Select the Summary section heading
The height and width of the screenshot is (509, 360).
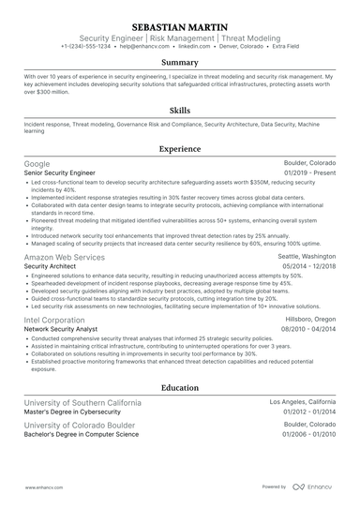(x=180, y=62)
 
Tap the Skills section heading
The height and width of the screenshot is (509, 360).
(x=180, y=110)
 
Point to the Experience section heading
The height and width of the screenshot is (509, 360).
(x=180, y=148)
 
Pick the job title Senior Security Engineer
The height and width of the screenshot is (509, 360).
(x=66, y=173)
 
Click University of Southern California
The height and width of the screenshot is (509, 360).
(x=83, y=402)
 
